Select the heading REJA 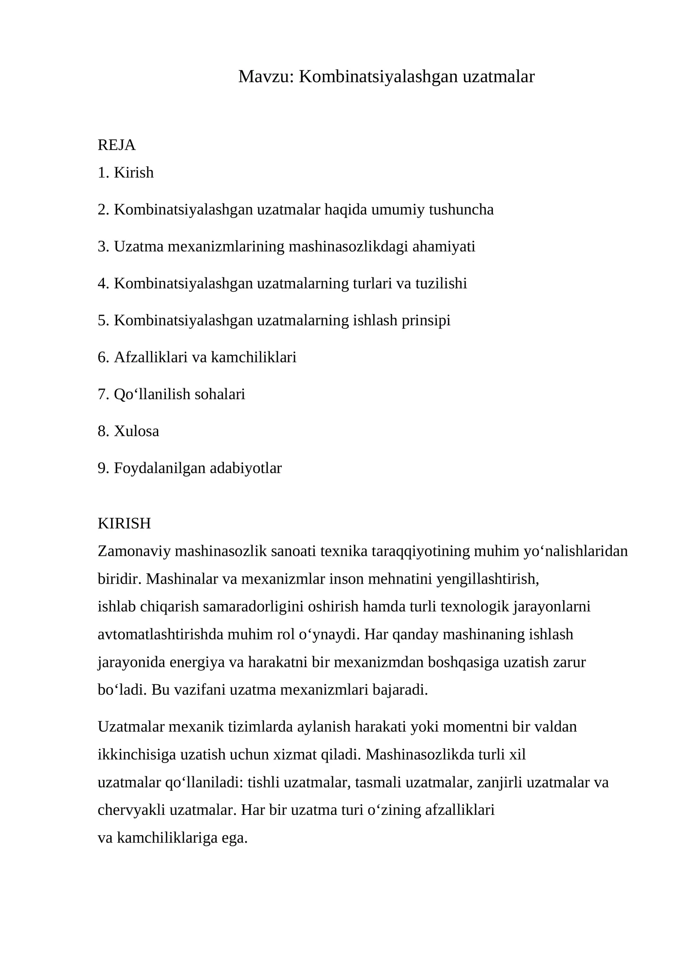coord(116,145)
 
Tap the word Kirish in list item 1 coord(133,173)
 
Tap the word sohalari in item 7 coord(220,394)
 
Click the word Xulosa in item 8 coord(136,431)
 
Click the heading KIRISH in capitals coord(124,523)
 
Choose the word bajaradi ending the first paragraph coord(400,690)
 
